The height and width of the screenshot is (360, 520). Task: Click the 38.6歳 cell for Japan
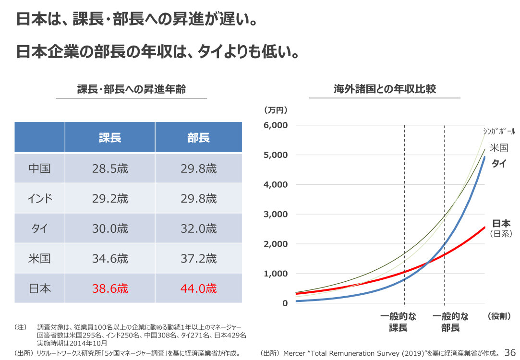coord(110,288)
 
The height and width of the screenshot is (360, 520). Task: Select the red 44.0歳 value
coord(199,288)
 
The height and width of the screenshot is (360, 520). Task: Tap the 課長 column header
coord(110,138)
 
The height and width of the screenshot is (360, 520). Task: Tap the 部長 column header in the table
coord(199,138)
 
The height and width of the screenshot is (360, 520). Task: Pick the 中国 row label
coord(39,169)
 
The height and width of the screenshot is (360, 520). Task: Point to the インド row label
coord(39,199)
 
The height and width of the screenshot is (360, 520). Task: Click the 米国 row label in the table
coord(39,259)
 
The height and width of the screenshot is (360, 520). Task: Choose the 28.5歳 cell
coord(110,169)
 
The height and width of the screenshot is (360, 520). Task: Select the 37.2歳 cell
coord(199,259)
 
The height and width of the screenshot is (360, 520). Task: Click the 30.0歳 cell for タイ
coord(110,229)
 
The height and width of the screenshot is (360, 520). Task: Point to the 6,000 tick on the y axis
coord(276,125)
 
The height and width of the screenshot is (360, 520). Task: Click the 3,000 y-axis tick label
coord(276,214)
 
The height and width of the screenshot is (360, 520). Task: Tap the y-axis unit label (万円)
coord(276,110)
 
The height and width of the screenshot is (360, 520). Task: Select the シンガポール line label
coord(499,132)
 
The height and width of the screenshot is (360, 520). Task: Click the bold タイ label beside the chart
coord(499,164)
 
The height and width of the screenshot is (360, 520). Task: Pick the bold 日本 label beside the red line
coord(501,223)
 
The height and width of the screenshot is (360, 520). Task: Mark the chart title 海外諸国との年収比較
coord(385,89)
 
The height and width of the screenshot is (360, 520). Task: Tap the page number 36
coord(510,353)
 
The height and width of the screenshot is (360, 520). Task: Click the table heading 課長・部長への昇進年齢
coord(132,89)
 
